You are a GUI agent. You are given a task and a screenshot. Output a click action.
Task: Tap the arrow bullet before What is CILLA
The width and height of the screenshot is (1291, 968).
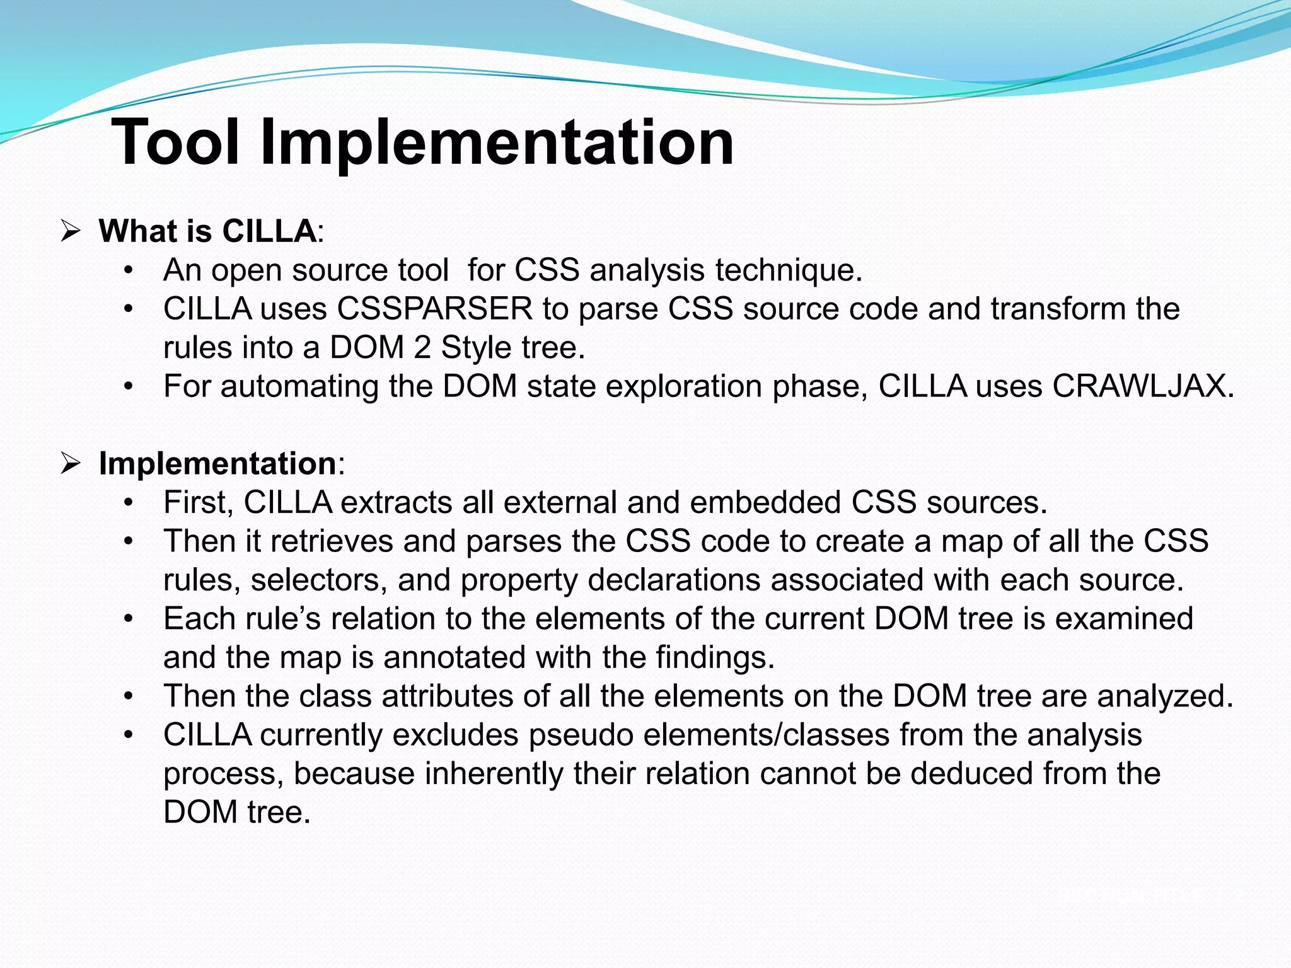tap(70, 231)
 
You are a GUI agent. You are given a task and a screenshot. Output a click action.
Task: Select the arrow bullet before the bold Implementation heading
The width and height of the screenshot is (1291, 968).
tap(70, 464)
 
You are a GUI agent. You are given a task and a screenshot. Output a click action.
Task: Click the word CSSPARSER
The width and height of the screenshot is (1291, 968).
tap(435, 309)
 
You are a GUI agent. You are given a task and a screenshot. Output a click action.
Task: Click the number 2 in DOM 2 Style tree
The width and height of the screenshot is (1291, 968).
tap(422, 348)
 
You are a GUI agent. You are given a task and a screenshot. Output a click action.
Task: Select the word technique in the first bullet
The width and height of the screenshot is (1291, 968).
tap(789, 270)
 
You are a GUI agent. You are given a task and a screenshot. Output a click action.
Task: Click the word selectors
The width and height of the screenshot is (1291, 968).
tap(319, 580)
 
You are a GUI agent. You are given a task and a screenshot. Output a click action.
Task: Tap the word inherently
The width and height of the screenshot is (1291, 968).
tap(494, 774)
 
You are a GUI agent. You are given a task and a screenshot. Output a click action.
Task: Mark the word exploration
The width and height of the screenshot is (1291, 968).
tap(683, 386)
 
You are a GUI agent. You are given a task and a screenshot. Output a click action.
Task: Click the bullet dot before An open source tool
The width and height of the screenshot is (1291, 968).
tap(129, 270)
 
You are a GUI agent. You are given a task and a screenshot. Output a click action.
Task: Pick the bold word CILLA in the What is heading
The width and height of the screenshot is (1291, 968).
tap(269, 231)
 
